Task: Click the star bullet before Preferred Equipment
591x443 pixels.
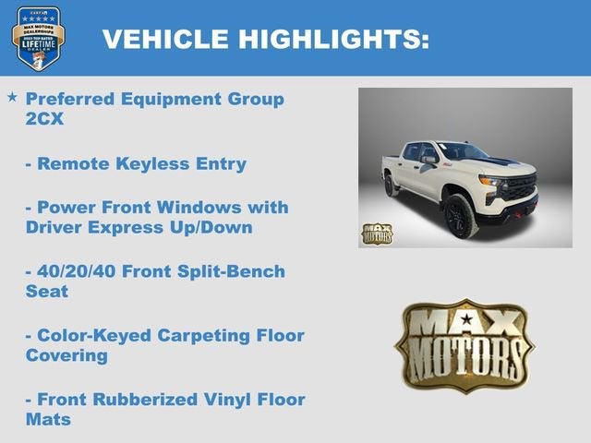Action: (12, 97)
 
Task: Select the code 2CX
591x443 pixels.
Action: (44, 120)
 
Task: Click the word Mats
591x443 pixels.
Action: (48, 420)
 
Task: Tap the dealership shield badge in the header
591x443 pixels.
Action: (38, 38)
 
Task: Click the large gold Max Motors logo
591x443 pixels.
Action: (464, 345)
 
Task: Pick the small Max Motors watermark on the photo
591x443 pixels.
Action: (377, 233)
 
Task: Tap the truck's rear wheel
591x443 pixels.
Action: (392, 185)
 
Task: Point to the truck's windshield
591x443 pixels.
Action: (460, 151)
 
